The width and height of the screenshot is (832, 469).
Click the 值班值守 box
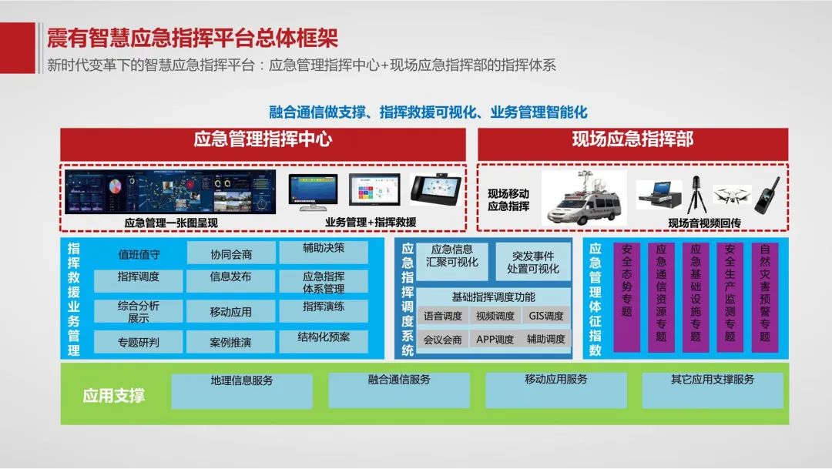coord(139,253)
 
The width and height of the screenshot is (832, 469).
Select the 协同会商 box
coord(231,253)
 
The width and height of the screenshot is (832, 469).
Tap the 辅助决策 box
coord(324,250)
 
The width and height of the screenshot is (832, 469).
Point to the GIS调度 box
coord(546,316)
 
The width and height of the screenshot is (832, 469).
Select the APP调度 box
coord(495,339)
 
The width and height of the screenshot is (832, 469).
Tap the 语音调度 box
coord(443,316)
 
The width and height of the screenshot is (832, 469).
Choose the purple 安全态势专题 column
coord(626,297)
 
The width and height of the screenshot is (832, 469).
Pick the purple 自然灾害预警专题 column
coord(764,297)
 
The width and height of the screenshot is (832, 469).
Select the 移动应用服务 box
coord(555,390)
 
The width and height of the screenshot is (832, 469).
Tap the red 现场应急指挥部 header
coord(632,140)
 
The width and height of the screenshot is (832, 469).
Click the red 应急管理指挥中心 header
coord(263,140)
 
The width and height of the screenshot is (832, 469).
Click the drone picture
coord(731,196)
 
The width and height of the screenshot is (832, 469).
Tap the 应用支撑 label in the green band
coord(114,397)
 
